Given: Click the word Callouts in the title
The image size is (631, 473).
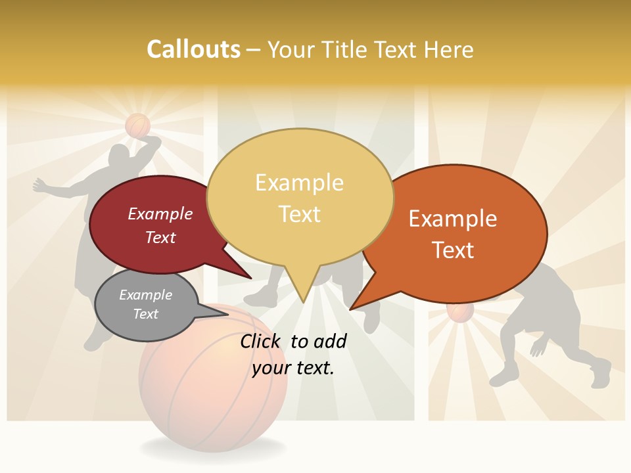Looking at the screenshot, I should (x=193, y=49).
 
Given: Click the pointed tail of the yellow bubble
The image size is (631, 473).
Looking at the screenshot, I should (x=303, y=300).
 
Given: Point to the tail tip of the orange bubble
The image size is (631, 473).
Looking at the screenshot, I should (x=352, y=308).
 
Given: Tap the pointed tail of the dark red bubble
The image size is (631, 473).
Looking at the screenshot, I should (x=250, y=278).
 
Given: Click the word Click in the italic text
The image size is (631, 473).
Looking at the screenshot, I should (x=261, y=342).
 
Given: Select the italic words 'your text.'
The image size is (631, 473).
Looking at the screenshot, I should (x=293, y=368).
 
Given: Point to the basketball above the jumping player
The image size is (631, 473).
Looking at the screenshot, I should (x=138, y=125).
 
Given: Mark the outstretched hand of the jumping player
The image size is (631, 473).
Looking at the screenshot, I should (x=38, y=186).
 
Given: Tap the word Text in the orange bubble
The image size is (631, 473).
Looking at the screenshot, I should (x=454, y=250).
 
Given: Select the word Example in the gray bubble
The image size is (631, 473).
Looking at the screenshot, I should (x=146, y=295).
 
